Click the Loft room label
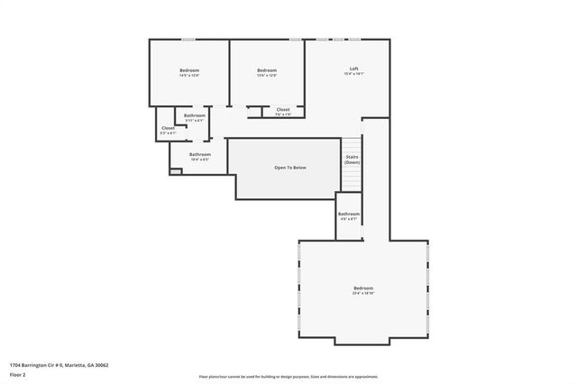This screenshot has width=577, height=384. point(355,69)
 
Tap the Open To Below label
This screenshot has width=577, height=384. point(290,169)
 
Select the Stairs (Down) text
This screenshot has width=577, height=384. point(352,160)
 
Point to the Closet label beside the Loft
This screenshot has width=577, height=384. point(283,111)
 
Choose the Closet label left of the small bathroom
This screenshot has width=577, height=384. point(168,129)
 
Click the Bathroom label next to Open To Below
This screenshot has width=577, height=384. point(200,155)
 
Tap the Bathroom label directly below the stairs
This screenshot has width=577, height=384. point(349,215)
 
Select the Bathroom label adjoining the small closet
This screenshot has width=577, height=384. point(195,115)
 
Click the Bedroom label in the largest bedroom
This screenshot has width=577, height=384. point(362,288)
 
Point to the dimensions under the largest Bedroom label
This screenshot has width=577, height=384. point(362,294)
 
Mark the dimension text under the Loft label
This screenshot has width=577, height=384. point(355,75)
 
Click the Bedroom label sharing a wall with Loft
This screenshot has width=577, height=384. point(266,70)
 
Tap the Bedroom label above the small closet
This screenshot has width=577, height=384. point(189,70)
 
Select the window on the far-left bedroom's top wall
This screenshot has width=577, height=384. point(188,40)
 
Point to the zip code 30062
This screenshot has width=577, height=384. point(102,365)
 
